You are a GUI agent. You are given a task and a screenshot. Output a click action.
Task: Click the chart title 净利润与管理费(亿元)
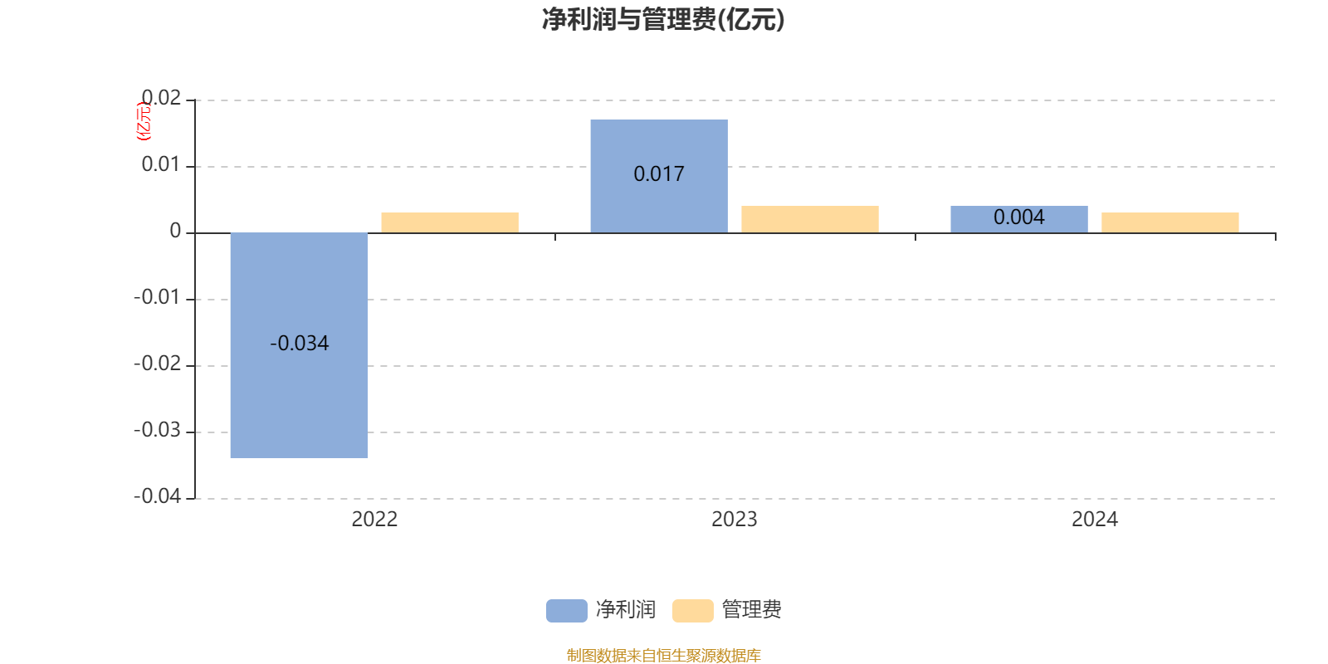click(663, 20)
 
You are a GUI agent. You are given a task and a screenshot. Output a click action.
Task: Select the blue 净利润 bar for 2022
click(299, 345)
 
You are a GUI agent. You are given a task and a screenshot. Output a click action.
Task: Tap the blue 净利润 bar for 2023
click(659, 176)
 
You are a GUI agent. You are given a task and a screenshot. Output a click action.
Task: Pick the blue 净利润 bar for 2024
click(1019, 219)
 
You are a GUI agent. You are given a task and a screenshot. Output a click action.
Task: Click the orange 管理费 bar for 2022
click(450, 223)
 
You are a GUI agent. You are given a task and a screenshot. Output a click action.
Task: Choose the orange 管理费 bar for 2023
click(810, 219)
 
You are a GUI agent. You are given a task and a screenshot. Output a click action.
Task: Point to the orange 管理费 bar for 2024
click(1170, 223)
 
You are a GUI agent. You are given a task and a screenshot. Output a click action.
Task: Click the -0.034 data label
click(300, 344)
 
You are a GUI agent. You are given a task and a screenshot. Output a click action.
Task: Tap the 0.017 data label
click(659, 173)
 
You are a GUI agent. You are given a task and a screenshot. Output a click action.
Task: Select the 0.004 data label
click(1019, 217)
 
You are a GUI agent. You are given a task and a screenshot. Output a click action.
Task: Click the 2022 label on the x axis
click(374, 520)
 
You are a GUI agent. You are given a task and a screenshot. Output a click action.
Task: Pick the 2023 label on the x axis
click(735, 520)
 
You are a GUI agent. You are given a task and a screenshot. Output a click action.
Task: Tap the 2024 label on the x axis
click(1095, 520)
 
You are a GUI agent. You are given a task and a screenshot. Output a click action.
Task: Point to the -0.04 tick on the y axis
click(157, 496)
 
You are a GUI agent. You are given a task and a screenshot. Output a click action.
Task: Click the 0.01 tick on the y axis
click(161, 164)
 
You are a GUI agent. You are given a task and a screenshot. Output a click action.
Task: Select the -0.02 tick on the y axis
click(157, 364)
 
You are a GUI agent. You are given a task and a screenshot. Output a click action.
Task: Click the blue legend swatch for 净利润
click(567, 611)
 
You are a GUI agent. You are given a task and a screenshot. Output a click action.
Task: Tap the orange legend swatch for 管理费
click(692, 611)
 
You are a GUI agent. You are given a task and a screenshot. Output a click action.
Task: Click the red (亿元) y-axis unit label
click(144, 121)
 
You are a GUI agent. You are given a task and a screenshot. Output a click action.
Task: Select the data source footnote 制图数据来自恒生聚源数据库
click(664, 655)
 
